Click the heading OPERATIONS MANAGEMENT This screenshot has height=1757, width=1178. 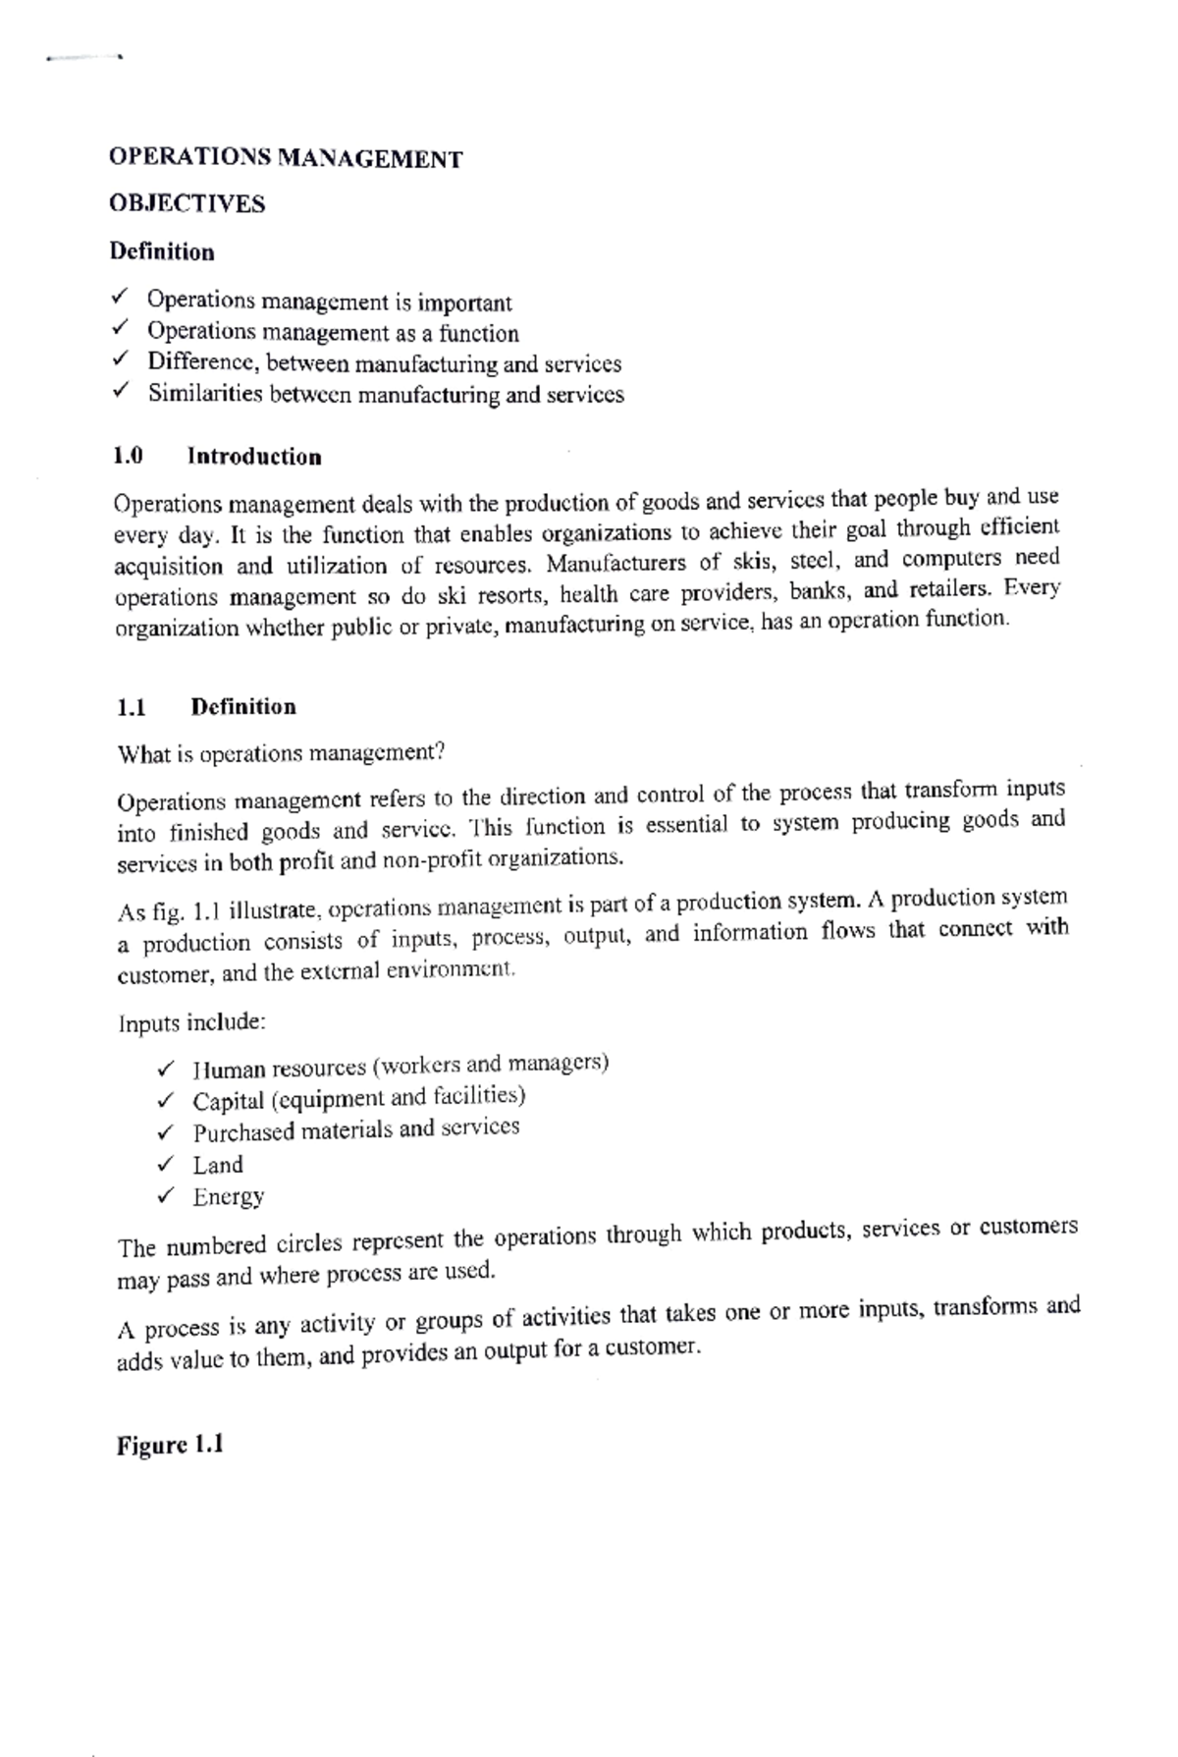point(285,159)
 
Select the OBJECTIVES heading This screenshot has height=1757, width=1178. point(187,204)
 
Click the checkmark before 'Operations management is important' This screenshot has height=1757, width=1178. point(120,296)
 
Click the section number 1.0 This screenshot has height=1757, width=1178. point(128,457)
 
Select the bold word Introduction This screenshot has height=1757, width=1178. point(254,457)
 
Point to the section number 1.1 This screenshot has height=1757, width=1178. point(131,707)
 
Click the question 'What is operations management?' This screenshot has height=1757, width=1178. point(281,754)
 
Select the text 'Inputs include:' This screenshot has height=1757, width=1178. point(191,1023)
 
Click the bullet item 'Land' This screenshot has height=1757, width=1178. point(217,1166)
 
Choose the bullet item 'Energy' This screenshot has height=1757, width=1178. point(228,1197)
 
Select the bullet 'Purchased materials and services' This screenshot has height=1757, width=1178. point(355,1130)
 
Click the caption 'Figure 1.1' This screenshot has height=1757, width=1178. point(170,1446)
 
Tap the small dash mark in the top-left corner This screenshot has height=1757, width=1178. point(82,58)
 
